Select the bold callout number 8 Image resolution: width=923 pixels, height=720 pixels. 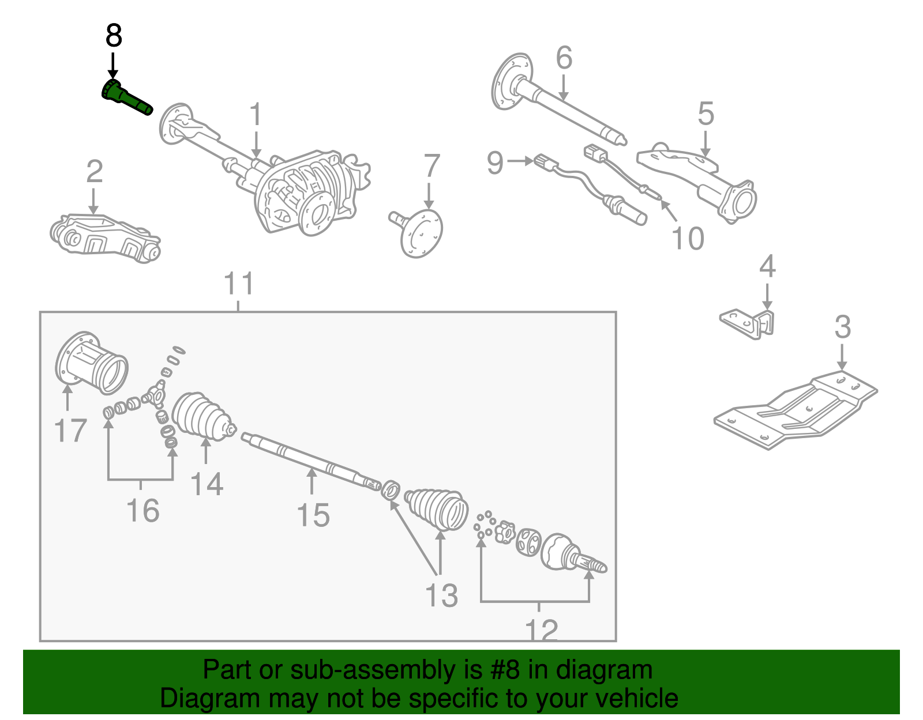pyautogui.click(x=114, y=36)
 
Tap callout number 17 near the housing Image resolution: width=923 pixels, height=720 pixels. pyautogui.click(x=70, y=431)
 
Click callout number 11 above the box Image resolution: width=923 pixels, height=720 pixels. pyautogui.click(x=239, y=284)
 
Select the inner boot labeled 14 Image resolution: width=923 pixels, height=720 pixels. pyautogui.click(x=202, y=416)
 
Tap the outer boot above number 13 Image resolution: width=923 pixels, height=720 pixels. pyautogui.click(x=437, y=508)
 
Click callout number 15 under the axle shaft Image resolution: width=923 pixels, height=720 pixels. pyautogui.click(x=313, y=515)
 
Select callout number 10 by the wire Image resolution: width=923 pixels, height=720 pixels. pyautogui.click(x=688, y=238)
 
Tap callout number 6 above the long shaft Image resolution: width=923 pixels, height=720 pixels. pyautogui.click(x=564, y=58)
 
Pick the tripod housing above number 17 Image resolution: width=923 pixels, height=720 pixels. pyautogui.click(x=92, y=363)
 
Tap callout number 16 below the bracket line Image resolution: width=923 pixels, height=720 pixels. pyautogui.click(x=142, y=511)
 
